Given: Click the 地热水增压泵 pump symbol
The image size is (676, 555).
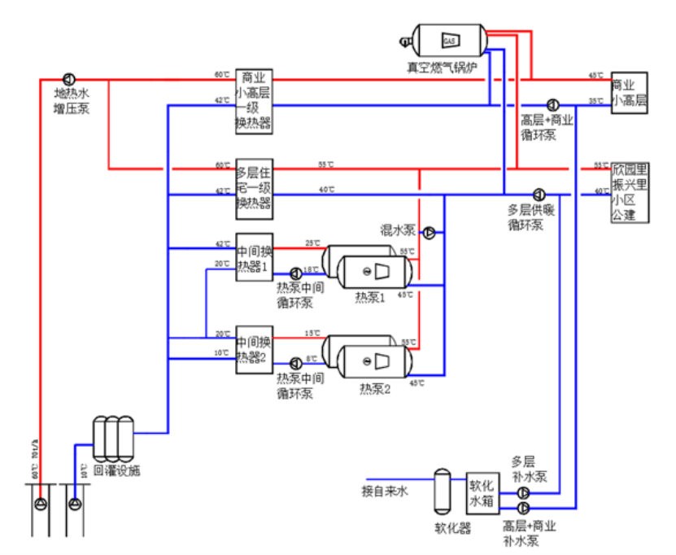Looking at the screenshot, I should (x=69, y=80).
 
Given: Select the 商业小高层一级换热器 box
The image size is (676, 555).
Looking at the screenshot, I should (x=253, y=102).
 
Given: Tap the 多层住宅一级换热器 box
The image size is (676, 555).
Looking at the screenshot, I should (x=253, y=188).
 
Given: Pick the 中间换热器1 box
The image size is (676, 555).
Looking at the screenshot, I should (x=253, y=257).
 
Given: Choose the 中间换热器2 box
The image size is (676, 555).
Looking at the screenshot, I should (x=253, y=349).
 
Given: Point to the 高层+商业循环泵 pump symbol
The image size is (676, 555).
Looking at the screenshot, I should (x=552, y=104).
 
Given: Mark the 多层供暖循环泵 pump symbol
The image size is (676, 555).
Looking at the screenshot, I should (x=539, y=194).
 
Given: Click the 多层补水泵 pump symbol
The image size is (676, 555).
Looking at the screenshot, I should (x=522, y=493).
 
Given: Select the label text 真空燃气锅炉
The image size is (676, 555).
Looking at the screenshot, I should (x=446, y=64).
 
